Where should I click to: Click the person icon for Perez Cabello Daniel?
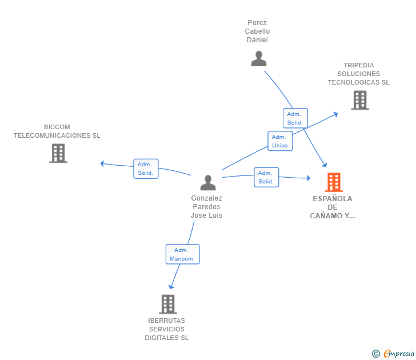pyautogui.click(x=259, y=59)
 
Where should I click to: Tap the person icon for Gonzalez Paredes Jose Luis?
pyautogui.click(x=208, y=183)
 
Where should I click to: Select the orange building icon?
pyautogui.click(x=334, y=182)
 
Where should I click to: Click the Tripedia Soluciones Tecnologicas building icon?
pyautogui.click(x=360, y=100)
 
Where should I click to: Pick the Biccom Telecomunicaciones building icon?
pyautogui.click(x=58, y=153)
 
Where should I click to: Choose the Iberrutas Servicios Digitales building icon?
pyautogui.click(x=168, y=305)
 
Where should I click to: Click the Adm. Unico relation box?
pyautogui.click(x=280, y=141)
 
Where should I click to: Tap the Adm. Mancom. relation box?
pyautogui.click(x=182, y=254)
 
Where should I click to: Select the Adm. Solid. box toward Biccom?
pyautogui.click(x=146, y=169)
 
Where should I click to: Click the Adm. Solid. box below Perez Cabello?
pyautogui.click(x=295, y=118)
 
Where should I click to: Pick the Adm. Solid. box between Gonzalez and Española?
pyautogui.click(x=266, y=177)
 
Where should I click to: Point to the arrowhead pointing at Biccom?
pyautogui.click(x=102, y=163)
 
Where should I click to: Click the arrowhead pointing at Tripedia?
pyautogui.click(x=335, y=114)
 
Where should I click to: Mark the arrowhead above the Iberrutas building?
pyautogui.click(x=171, y=287)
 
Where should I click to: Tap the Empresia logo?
pyautogui.click(x=399, y=353)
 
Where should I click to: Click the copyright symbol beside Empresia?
pyautogui.click(x=375, y=354)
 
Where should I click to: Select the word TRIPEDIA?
pyautogui.click(x=359, y=65)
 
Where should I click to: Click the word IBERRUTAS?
pyautogui.click(x=167, y=321)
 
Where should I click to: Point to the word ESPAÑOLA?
pyautogui.click(x=333, y=199)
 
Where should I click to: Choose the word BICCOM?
pyautogui.click(x=57, y=127)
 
